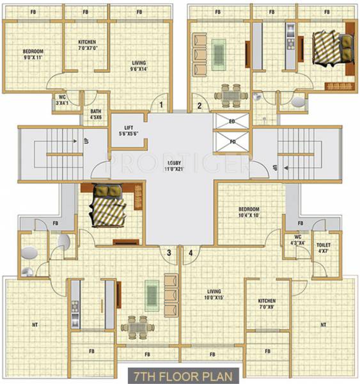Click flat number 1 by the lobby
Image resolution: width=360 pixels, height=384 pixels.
click(162, 104)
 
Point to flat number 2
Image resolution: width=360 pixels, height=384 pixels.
click(200, 106)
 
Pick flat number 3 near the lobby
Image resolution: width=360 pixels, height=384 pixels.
click(169, 253)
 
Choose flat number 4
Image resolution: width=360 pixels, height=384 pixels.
click(191, 253)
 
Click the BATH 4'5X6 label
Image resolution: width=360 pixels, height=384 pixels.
click(96, 114)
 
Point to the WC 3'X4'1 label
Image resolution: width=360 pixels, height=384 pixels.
click(62, 100)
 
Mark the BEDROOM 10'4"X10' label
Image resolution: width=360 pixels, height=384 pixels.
click(249, 212)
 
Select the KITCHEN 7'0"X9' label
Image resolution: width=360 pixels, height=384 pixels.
click(267, 303)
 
